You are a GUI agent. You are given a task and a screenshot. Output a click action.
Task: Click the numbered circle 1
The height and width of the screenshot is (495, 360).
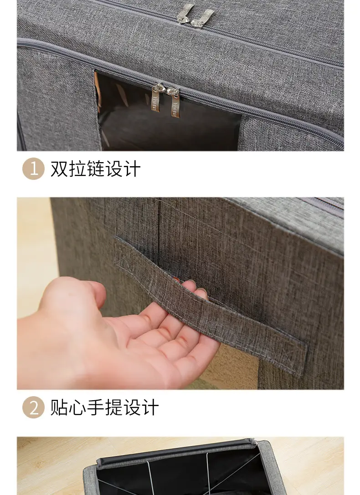[33, 168]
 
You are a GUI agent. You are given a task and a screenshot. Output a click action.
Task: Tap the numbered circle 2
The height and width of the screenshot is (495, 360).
[33, 407]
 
